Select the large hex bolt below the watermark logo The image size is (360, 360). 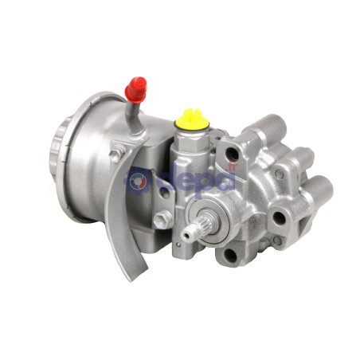pyautogui.click(x=162, y=220)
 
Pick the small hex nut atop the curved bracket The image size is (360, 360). pyautogui.click(x=116, y=155)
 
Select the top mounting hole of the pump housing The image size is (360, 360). pyautogui.click(x=231, y=155)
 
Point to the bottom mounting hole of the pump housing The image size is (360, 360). pyautogui.click(x=231, y=254)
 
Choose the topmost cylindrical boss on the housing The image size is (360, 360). pyautogui.click(x=273, y=125)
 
